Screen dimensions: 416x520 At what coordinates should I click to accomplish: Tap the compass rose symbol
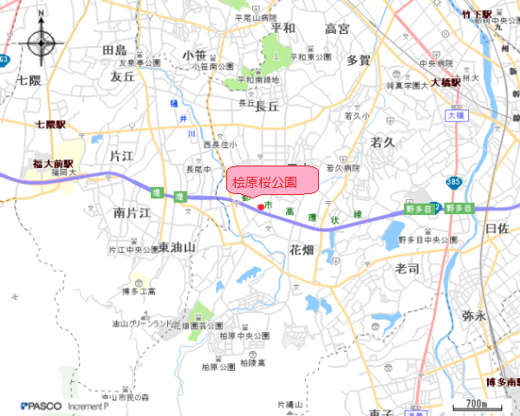[x=42, y=42]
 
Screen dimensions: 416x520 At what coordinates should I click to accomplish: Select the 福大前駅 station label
[x=54, y=162]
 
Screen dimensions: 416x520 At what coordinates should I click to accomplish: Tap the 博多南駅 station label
[x=500, y=381]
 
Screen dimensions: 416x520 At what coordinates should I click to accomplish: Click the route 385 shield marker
[x=453, y=179]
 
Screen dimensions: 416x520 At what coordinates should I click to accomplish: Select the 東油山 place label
[x=178, y=248]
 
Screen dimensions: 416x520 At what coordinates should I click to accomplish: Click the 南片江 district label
[x=132, y=212]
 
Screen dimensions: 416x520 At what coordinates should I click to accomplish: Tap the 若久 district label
[x=383, y=140]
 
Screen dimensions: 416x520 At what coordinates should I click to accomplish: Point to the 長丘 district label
[x=267, y=106]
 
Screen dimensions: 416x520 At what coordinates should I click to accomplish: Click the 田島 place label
[x=114, y=49]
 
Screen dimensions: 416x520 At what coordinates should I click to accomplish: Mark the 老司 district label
[x=406, y=269]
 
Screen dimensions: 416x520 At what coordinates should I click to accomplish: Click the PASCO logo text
[x=41, y=405]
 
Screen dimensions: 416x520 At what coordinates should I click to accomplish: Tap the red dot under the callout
[x=261, y=206]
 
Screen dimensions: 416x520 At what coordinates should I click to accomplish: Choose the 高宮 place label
[x=337, y=29]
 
